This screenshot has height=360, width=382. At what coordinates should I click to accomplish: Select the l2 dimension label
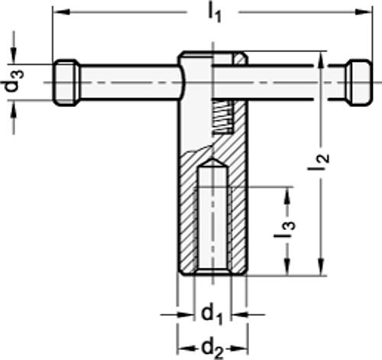[x=323, y=161]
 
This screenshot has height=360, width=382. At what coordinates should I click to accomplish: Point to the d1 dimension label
[x=213, y=314]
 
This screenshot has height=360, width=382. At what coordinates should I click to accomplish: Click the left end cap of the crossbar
[x=66, y=81]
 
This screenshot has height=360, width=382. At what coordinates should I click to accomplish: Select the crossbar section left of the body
[x=126, y=81]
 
